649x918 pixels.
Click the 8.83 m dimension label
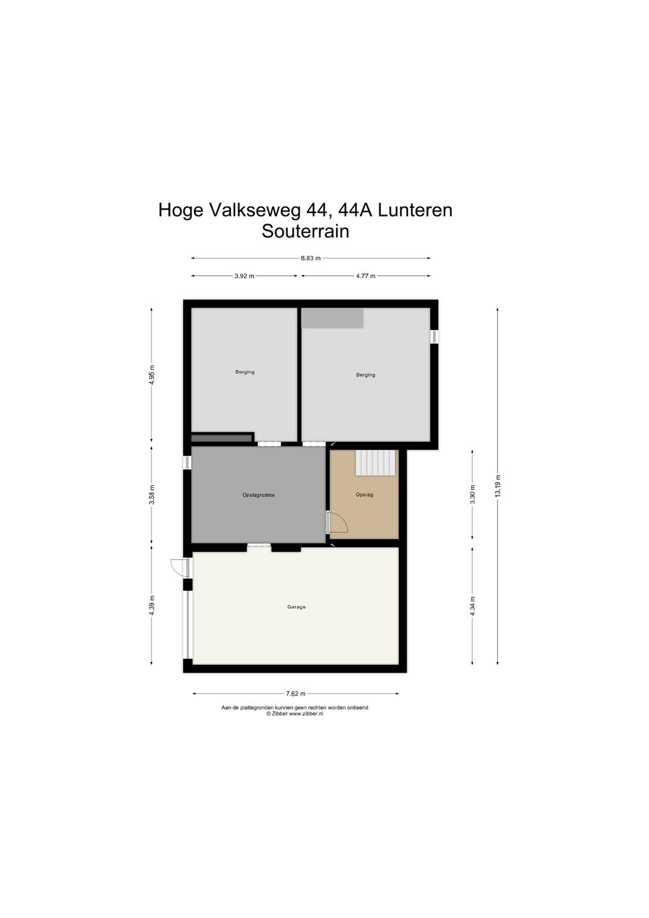pyautogui.click(x=311, y=259)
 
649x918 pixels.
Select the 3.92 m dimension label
pyautogui.click(x=244, y=276)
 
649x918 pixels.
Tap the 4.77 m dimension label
pyautogui.click(x=365, y=276)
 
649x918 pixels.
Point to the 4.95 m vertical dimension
pyautogui.click(x=152, y=375)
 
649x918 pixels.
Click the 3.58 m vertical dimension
pyautogui.click(x=152, y=495)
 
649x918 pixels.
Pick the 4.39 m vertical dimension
pyautogui.click(x=152, y=605)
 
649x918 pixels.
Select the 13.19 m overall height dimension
pyautogui.click(x=498, y=486)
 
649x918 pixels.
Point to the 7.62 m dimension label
pyautogui.click(x=296, y=694)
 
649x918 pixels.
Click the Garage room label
pyautogui.click(x=296, y=607)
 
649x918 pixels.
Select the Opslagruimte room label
pyautogui.click(x=258, y=495)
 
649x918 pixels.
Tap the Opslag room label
pyautogui.click(x=364, y=495)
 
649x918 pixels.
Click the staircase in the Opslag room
pyautogui.click(x=376, y=463)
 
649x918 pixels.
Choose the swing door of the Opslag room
pyautogui.click(x=338, y=522)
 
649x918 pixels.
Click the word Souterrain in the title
pyautogui.click(x=305, y=231)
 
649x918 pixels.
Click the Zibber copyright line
pyautogui.click(x=294, y=714)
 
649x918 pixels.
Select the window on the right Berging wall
pyautogui.click(x=434, y=337)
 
